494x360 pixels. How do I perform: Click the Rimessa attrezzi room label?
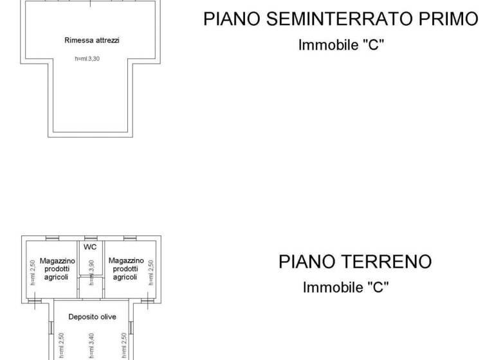(x=92, y=40)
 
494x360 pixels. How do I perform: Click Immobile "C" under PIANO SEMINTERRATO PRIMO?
(x=341, y=45)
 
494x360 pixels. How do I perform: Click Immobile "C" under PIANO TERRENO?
(x=346, y=287)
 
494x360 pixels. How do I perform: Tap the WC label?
(x=90, y=247)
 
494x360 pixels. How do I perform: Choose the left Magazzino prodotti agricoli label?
(x=57, y=269)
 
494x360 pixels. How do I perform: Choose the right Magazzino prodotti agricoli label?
(x=125, y=269)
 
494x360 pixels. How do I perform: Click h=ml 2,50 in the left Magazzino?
(x=32, y=272)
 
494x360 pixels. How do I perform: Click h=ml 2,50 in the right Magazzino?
(x=151, y=272)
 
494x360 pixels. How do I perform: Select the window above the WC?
(x=91, y=238)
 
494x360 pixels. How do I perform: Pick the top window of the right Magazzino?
(x=131, y=238)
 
